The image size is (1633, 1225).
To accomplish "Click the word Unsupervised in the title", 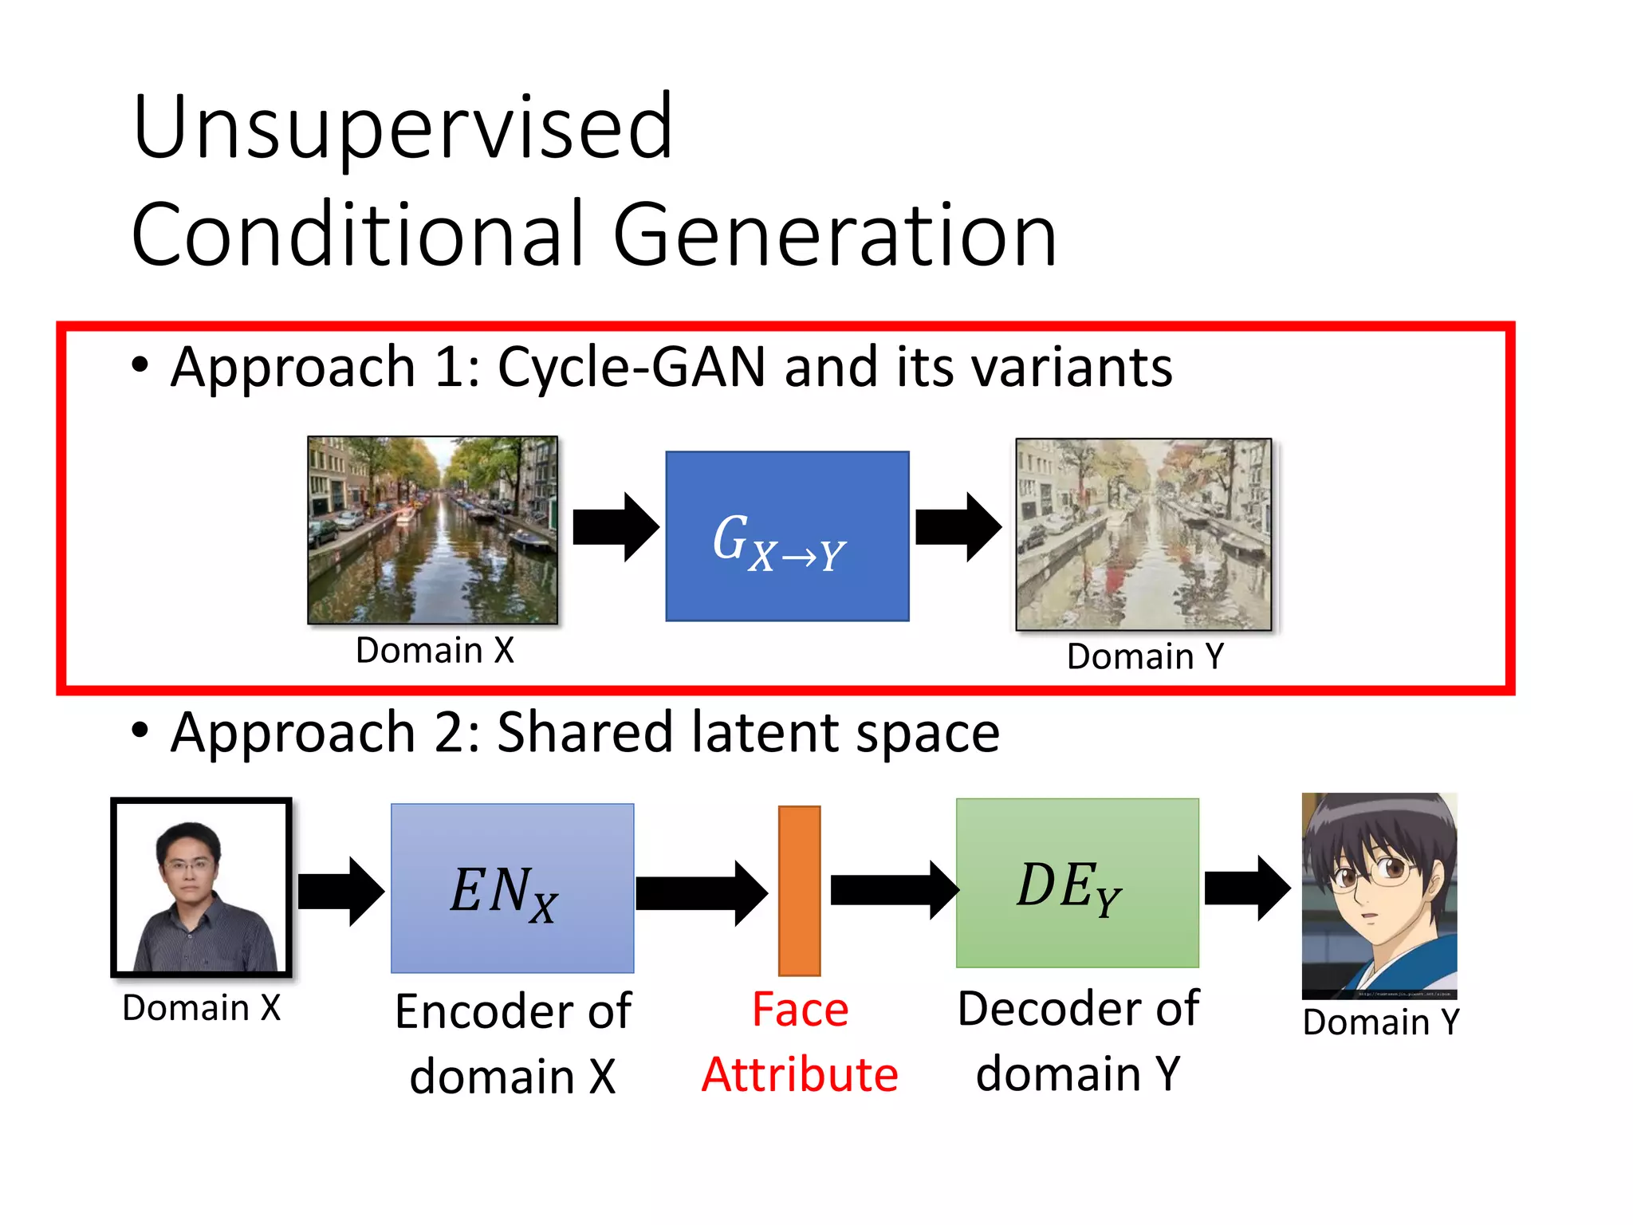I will (x=403, y=128).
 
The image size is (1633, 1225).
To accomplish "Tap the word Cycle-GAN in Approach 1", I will (x=631, y=368).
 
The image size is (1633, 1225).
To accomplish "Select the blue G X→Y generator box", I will (x=787, y=536).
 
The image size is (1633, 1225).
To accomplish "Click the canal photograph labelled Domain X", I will (x=432, y=530).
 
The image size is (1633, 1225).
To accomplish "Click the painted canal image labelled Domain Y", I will (x=1143, y=534).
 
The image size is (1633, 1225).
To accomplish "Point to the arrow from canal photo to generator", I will (x=615, y=527).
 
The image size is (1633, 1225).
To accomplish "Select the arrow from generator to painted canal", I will (x=958, y=527).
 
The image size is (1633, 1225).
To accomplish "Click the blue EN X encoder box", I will (x=512, y=888).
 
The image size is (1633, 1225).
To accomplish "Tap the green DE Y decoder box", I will (x=1076, y=883).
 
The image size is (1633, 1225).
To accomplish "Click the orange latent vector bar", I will (x=799, y=890).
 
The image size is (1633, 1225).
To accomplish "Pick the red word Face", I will (x=800, y=1010).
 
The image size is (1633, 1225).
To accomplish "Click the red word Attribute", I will (x=800, y=1074).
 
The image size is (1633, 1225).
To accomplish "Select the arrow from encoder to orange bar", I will (x=700, y=893).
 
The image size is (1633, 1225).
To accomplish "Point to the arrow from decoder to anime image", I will (x=1246, y=888).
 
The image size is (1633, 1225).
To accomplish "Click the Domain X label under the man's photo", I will (x=202, y=1008).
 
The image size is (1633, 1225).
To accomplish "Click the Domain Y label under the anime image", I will (x=1380, y=1022).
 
